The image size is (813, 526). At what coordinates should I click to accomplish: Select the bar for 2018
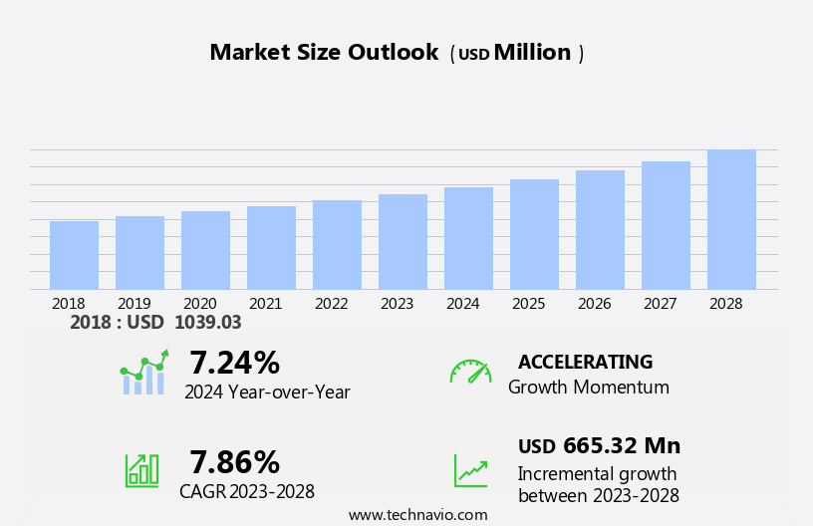(74, 255)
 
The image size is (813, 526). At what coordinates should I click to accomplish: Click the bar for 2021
(271, 248)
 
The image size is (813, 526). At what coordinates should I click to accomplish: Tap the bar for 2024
(468, 238)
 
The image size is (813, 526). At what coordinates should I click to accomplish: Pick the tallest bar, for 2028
(731, 220)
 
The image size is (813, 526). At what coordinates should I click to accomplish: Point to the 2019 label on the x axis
(135, 304)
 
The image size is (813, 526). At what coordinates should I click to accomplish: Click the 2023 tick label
(397, 304)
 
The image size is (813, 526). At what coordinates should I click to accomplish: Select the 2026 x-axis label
(594, 304)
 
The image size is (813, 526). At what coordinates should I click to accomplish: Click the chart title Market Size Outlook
(324, 53)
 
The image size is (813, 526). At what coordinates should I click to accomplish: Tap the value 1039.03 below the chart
(207, 323)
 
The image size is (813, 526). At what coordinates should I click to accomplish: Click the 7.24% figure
(234, 363)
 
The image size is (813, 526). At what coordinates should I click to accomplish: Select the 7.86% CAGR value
(234, 462)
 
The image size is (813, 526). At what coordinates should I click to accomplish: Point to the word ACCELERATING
(585, 363)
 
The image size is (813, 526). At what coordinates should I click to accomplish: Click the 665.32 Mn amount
(622, 446)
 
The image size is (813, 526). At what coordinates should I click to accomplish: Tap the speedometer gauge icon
(470, 372)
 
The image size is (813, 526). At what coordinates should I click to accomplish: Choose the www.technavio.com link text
(417, 515)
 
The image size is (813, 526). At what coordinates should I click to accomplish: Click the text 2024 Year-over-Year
(267, 393)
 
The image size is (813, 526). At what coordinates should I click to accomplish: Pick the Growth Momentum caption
(588, 388)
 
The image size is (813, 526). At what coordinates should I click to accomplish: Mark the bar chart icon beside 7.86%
(141, 469)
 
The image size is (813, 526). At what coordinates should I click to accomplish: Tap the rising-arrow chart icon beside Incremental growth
(470, 470)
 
